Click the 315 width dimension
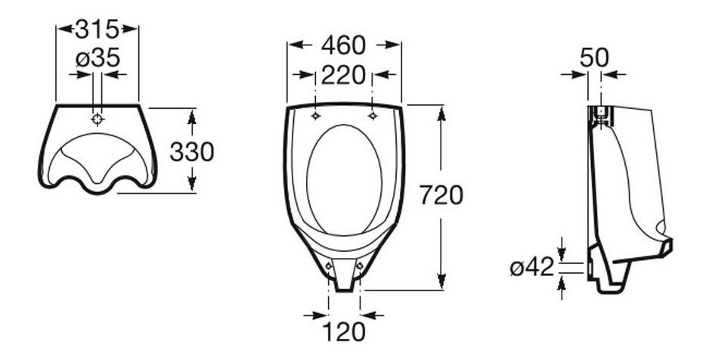pyautogui.click(x=98, y=29)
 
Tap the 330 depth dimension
pyautogui.click(x=192, y=152)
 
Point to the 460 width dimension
pyautogui.click(x=343, y=45)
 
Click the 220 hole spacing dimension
pyautogui.click(x=343, y=75)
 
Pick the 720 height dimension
pyautogui.click(x=441, y=195)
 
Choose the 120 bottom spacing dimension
pyautogui.click(x=344, y=332)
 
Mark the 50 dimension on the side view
pyautogui.click(x=594, y=58)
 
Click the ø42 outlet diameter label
pyautogui.click(x=532, y=267)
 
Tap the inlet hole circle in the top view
pyautogui.click(x=98, y=119)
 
